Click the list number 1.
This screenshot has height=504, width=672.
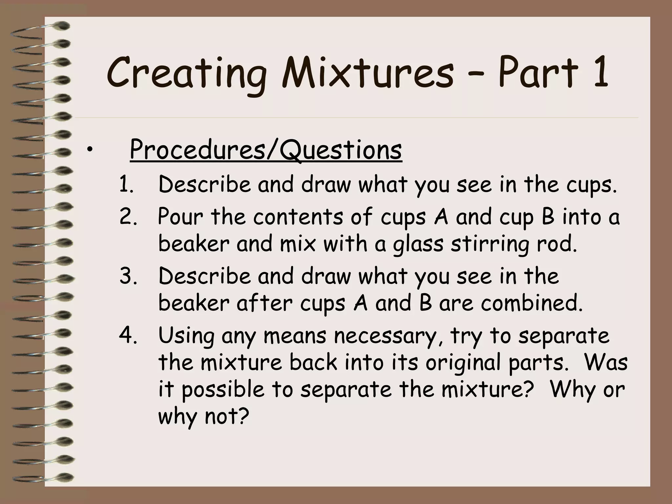tap(126, 185)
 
